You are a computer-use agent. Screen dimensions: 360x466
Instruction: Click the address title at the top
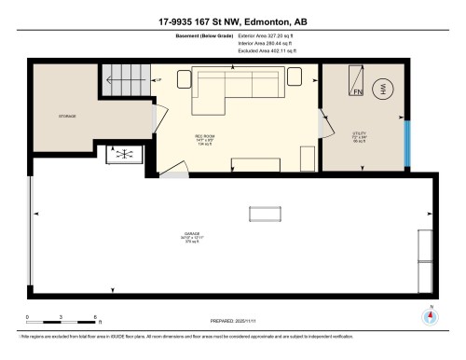tap(233, 20)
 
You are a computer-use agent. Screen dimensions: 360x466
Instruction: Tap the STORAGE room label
tap(66, 117)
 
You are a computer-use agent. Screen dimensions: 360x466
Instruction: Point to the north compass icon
tap(430, 316)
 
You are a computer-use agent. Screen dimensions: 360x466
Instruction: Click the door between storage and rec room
tap(154, 117)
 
